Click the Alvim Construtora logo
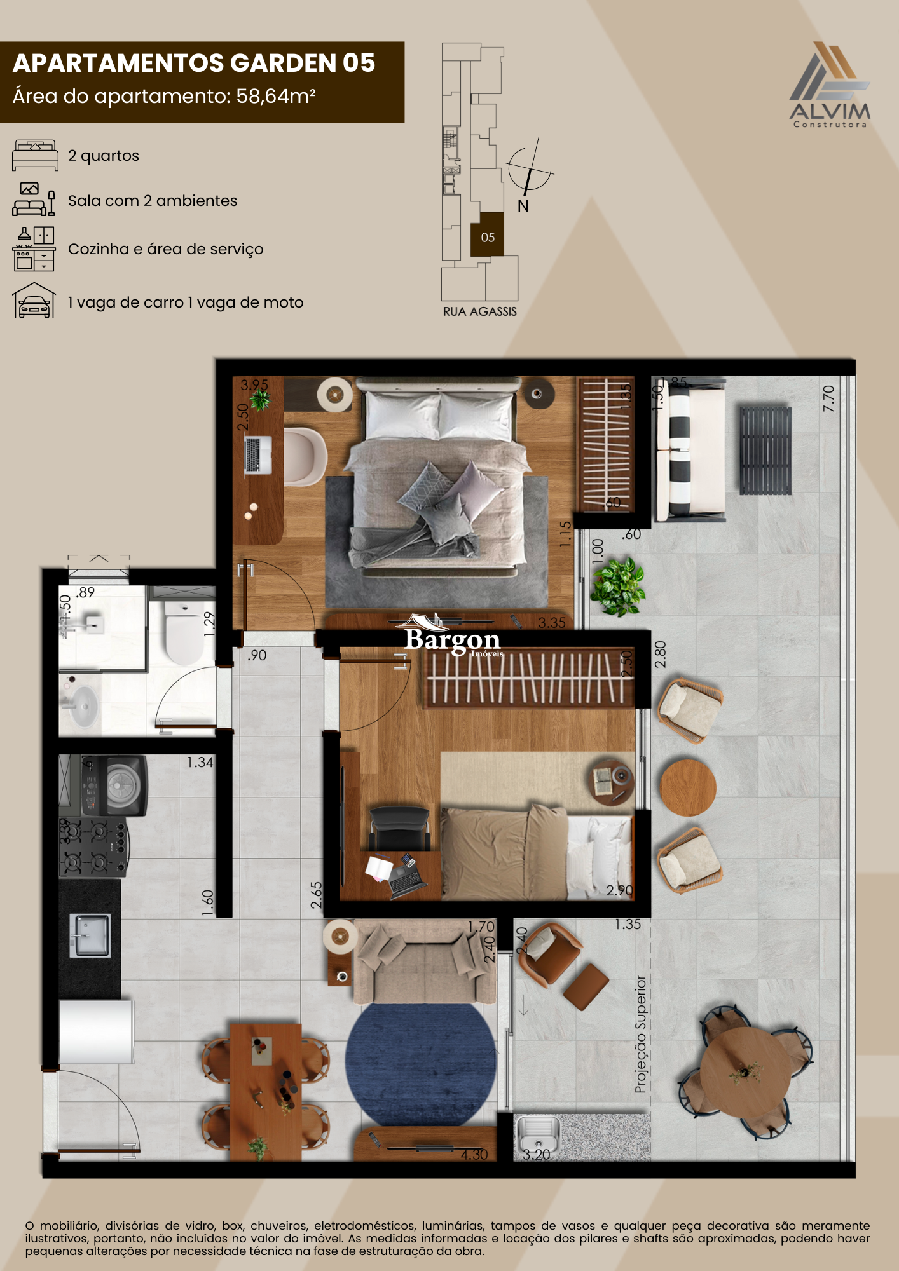click(830, 85)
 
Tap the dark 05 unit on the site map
click(487, 235)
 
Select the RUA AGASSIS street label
click(480, 311)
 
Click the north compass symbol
click(529, 169)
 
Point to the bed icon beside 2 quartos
click(35, 155)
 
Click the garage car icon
click(34, 301)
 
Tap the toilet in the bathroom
click(184, 632)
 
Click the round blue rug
click(421, 1061)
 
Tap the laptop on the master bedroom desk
click(258, 454)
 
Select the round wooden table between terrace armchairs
click(688, 787)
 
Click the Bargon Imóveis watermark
click(453, 639)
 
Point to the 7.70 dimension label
click(828, 398)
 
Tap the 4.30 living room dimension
click(474, 1155)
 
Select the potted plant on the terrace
click(618, 586)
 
